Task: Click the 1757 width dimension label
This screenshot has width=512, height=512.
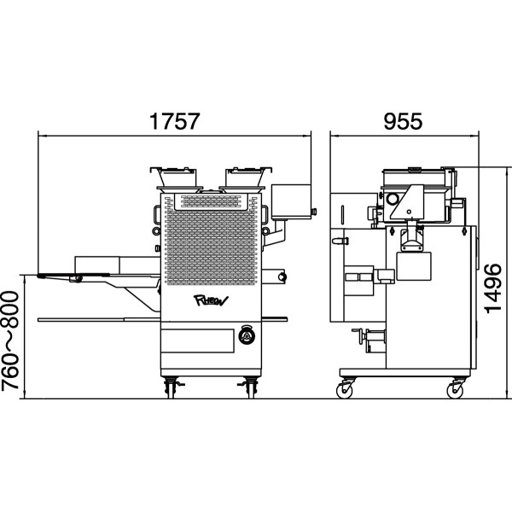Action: (174, 121)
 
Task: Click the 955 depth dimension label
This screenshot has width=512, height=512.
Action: (403, 121)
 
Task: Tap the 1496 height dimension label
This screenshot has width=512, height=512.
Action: (493, 288)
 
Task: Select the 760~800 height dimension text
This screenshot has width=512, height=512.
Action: (10, 340)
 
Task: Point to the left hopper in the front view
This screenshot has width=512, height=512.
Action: (177, 178)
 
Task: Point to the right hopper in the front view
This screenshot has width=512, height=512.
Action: (244, 178)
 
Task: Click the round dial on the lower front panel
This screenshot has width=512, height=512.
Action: (247, 335)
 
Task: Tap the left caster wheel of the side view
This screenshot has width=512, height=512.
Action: (345, 390)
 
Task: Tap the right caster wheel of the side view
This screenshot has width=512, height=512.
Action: (455, 390)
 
